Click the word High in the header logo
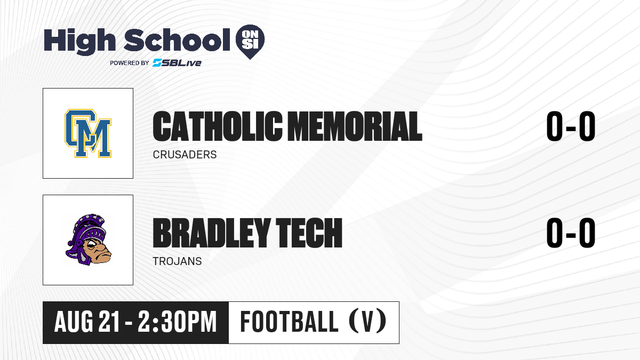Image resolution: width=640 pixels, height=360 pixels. (x=79, y=42)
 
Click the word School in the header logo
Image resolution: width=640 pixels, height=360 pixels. (x=177, y=40)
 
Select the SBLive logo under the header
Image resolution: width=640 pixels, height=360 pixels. (x=177, y=62)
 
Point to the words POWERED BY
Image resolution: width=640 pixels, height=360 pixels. (x=130, y=63)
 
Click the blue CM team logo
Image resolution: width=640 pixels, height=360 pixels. (x=88, y=133)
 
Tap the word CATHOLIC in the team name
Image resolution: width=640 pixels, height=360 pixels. (x=218, y=126)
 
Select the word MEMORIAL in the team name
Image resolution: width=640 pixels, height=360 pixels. (x=355, y=126)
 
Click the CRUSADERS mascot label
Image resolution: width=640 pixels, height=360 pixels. (x=185, y=155)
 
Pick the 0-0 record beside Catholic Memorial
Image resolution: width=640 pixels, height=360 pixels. (x=571, y=126)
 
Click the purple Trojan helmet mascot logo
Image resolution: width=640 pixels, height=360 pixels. (x=89, y=239)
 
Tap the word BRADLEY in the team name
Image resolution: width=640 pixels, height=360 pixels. (x=211, y=233)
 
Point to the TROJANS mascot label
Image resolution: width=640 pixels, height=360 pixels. (x=177, y=261)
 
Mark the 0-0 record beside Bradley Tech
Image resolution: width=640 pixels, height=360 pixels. (x=571, y=233)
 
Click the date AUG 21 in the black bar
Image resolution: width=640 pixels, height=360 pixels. (x=86, y=322)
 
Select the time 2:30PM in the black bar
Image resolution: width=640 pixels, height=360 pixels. (x=177, y=322)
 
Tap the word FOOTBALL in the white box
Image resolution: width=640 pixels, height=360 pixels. (x=290, y=322)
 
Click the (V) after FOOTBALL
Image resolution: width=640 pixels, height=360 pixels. (x=367, y=321)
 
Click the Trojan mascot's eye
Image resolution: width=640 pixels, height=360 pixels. (x=92, y=245)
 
